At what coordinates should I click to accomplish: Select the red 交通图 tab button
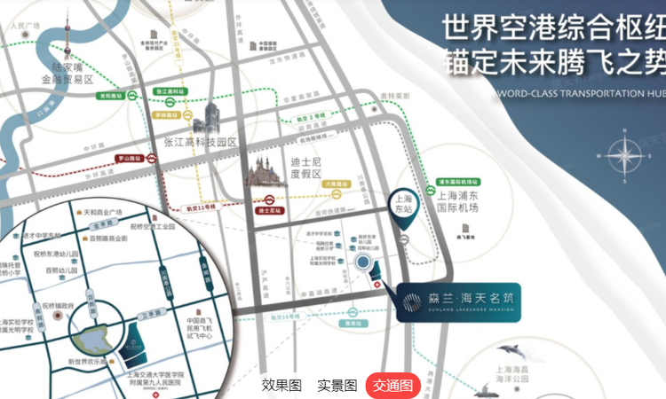(392, 385)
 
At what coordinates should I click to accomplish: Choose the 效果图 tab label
(281, 385)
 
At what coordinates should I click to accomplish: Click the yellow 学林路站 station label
(166, 114)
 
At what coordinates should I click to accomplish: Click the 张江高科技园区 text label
(201, 142)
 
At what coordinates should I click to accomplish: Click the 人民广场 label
(25, 26)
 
